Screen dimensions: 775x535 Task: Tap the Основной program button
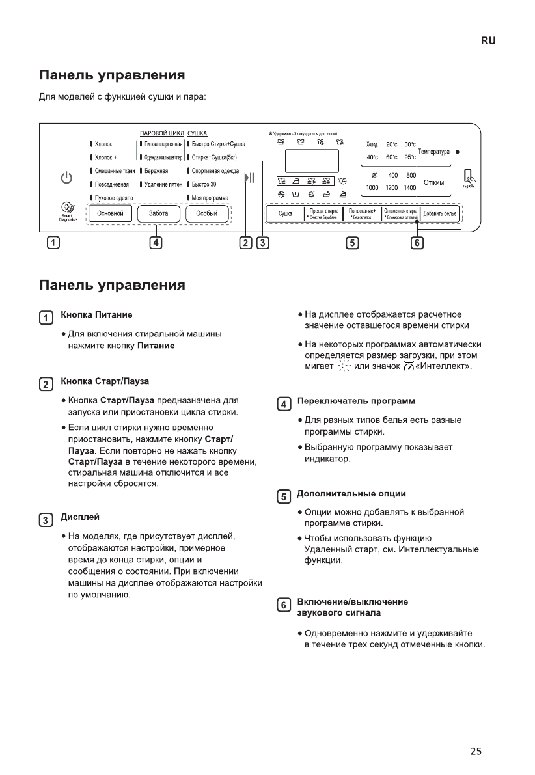point(110,213)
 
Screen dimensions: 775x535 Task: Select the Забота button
point(158,213)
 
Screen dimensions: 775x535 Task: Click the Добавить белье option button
point(440,213)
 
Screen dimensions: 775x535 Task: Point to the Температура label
point(433,152)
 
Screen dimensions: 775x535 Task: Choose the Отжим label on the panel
point(433,182)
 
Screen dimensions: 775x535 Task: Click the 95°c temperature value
point(410,157)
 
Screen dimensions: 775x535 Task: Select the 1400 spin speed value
point(410,187)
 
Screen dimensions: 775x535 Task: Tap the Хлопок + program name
point(105,157)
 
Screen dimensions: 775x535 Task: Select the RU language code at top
point(488,40)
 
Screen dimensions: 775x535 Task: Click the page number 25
point(476,751)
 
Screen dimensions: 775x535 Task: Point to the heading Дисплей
point(80,517)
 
